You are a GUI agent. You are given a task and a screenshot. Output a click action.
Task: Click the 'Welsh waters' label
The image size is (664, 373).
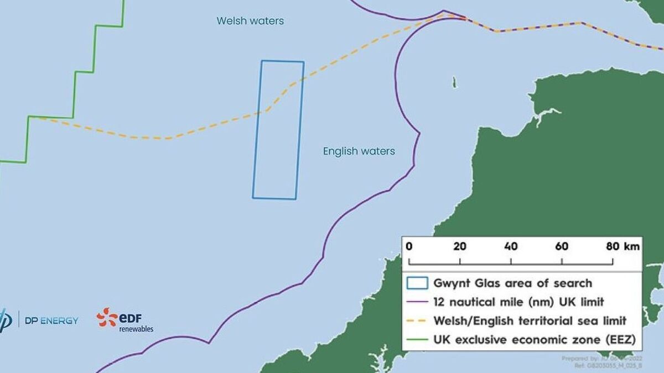click(x=250, y=21)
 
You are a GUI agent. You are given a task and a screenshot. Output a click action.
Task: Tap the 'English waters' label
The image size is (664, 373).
click(x=359, y=151)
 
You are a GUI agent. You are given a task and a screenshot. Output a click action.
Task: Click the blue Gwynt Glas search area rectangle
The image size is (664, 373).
click(x=278, y=130)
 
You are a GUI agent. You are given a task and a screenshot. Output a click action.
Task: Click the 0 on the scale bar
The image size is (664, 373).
click(x=409, y=246)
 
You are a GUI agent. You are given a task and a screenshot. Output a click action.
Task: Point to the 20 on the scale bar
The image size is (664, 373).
click(x=460, y=246)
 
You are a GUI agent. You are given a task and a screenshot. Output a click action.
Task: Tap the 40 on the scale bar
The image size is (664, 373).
click(x=511, y=246)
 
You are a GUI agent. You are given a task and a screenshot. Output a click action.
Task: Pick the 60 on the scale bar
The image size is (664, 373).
click(x=562, y=246)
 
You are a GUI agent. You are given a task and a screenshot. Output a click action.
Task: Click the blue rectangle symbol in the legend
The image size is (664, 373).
click(x=417, y=283)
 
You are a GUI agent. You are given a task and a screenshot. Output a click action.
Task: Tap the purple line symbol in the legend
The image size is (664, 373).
click(x=417, y=302)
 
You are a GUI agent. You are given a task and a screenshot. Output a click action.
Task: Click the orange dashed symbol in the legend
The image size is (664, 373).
click(x=417, y=321)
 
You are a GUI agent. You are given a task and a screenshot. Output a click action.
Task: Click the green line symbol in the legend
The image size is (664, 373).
click(x=417, y=339)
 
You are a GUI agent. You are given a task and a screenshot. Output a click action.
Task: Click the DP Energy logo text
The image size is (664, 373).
click(x=51, y=321)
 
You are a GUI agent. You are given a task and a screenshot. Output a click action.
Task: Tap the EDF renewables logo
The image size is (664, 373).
click(x=125, y=321)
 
